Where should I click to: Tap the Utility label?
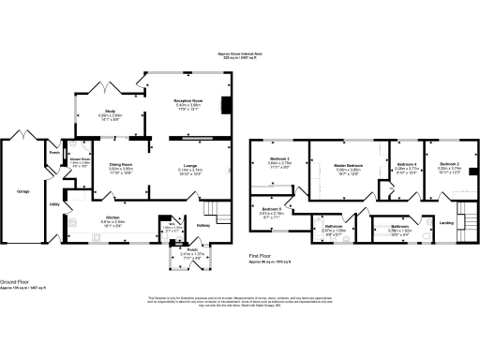pyautogui.click(x=54, y=203)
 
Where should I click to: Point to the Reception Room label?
pyautogui.click(x=189, y=99)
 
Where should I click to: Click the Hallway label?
pyautogui.click(x=203, y=224)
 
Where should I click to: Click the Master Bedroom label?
pyautogui.click(x=349, y=165)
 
